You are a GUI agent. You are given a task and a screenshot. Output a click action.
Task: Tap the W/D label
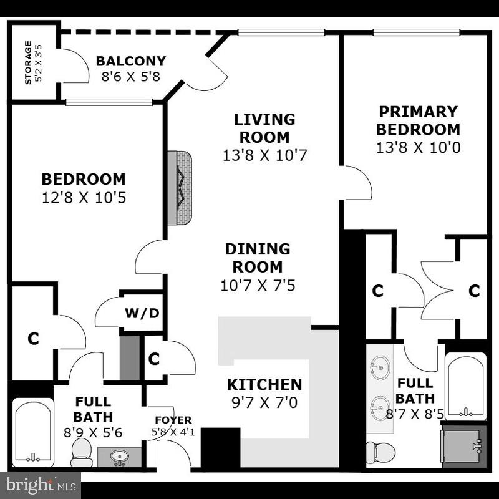click(142, 312)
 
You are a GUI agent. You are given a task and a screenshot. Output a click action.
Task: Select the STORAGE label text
click(28, 62)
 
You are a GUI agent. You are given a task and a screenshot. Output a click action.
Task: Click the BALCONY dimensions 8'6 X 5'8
click(130, 77)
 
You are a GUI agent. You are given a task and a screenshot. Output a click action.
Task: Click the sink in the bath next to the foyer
click(119, 457)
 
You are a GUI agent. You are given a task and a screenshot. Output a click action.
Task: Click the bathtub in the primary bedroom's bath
click(465, 387)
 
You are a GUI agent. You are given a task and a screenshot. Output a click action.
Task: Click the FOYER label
click(173, 420)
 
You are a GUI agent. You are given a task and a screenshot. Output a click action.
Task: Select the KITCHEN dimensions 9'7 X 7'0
click(264, 403)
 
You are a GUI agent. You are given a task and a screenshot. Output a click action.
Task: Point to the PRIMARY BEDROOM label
click(419, 120)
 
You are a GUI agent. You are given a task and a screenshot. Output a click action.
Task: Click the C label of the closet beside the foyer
click(154, 359)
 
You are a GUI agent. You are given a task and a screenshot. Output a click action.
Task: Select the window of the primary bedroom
click(416, 32)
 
